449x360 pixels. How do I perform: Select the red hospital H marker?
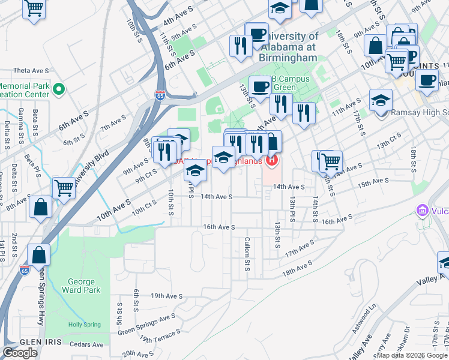click(272, 160)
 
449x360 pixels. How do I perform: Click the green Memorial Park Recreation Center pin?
click(58, 90)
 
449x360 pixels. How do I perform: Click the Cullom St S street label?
click(247, 254)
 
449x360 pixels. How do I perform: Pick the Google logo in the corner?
click(20, 353)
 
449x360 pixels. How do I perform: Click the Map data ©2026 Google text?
click(412, 355)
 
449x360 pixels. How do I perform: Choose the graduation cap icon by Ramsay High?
click(381, 100)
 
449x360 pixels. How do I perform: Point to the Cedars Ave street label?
click(87, 345)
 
